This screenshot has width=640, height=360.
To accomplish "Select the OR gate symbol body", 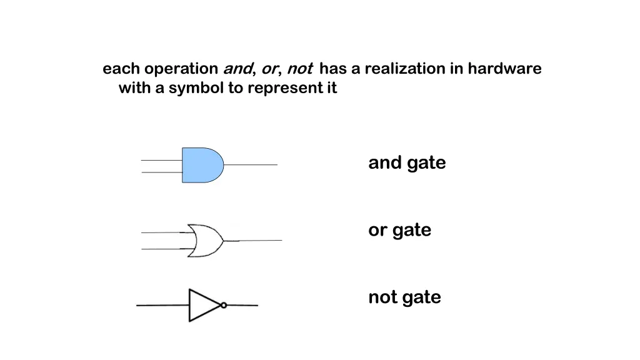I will tap(206, 240).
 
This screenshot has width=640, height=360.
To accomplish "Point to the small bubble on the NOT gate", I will tap(224, 306).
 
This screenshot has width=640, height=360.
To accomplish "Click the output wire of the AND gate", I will tap(250, 165).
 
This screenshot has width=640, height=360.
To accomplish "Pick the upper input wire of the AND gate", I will tap(161, 161).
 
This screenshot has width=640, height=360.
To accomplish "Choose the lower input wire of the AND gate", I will tap(161, 172).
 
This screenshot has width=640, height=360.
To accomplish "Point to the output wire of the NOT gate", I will tap(242, 306).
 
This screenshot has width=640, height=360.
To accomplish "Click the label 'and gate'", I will tap(407, 163).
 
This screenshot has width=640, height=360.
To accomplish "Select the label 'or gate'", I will tap(399, 230).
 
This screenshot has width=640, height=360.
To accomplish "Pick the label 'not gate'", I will tap(404, 297).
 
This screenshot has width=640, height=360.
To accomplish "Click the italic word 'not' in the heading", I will tap(299, 69).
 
